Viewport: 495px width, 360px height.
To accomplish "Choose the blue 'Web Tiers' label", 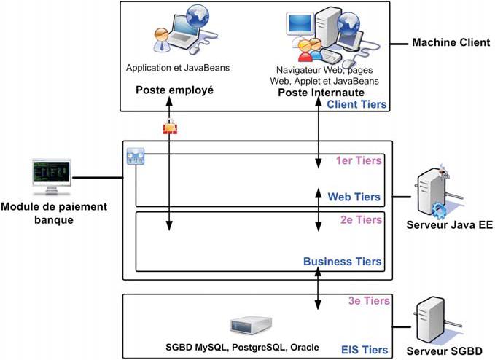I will pyautogui.click(x=354, y=197).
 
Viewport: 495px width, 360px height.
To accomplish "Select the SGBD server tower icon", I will pyautogui.click(x=430, y=318).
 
